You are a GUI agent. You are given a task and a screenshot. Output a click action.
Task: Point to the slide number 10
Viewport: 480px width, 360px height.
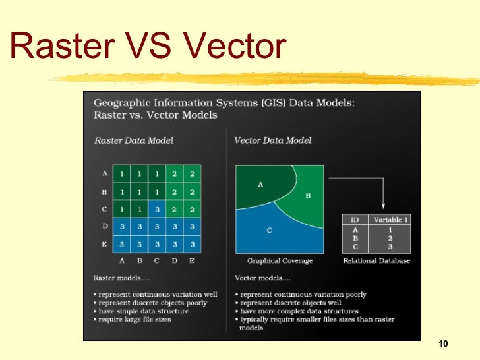click(442, 344)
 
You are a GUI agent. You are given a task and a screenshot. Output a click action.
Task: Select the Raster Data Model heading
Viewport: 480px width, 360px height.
click(134, 140)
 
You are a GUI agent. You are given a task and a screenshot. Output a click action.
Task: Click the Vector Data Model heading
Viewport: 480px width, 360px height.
click(273, 140)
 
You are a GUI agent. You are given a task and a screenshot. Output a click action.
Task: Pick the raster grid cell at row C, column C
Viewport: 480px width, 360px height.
click(156, 209)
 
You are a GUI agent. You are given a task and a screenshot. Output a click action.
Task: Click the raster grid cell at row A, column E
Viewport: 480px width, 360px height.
click(191, 173)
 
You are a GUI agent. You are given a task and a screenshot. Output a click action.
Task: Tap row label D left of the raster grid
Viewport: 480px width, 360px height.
click(104, 226)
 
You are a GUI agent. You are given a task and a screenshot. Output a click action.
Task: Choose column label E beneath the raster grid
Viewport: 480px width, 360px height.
click(191, 260)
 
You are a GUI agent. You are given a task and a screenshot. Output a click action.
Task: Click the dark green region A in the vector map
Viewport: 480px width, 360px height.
click(260, 185)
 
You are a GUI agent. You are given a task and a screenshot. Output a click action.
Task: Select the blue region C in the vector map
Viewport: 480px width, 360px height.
click(270, 231)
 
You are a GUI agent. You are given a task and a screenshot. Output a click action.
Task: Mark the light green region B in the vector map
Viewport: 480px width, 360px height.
click(307, 196)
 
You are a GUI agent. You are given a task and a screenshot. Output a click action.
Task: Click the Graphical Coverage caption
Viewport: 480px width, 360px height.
click(280, 261)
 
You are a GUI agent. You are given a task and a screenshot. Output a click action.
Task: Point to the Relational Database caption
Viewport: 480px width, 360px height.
click(376, 261)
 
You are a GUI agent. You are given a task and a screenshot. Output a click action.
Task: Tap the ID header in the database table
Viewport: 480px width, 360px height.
click(355, 220)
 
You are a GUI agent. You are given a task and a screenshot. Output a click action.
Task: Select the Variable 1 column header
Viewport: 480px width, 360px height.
click(391, 220)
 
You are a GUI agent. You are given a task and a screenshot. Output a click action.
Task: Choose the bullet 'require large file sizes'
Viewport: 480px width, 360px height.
click(135, 320)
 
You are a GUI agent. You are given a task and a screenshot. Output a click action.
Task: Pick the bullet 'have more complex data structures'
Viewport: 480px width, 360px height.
click(299, 311)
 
